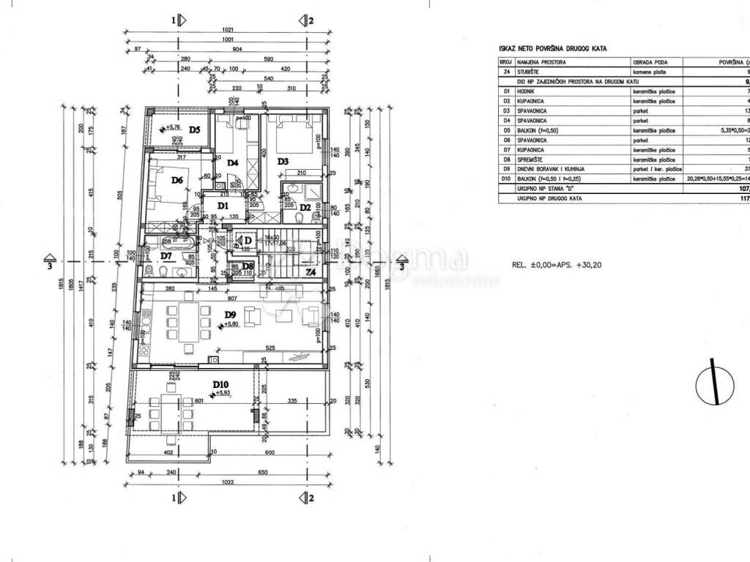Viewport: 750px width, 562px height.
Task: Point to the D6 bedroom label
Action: pyautogui.click(x=177, y=180)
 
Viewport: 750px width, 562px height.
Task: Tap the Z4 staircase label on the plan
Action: pyautogui.click(x=311, y=272)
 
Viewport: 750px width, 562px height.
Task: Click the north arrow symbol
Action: pyautogui.click(x=715, y=382)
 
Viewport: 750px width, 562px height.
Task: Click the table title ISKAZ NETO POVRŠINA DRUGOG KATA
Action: pyautogui.click(x=553, y=48)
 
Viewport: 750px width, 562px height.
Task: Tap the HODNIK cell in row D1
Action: pyautogui.click(x=526, y=91)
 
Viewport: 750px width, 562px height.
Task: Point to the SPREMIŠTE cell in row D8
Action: pyautogui.click(x=530, y=159)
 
